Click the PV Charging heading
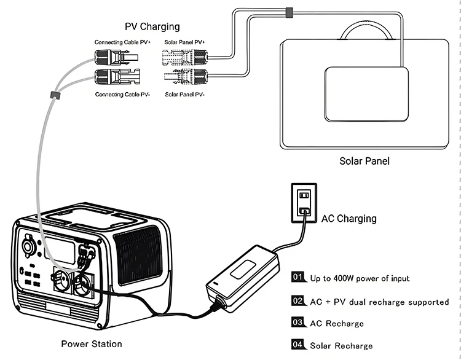pyautogui.click(x=152, y=26)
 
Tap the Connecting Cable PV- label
pyautogui.click(x=123, y=95)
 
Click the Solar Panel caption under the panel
pyautogui.click(x=364, y=162)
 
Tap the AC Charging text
pyautogui.click(x=349, y=218)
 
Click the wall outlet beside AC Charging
pyautogui.click(x=304, y=202)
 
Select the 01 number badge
pyautogui.click(x=299, y=278)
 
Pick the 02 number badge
pyautogui.click(x=299, y=301)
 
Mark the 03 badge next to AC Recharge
pyautogui.click(x=299, y=323)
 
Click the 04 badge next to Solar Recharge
pyautogui.click(x=299, y=345)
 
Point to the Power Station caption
pyautogui.click(x=92, y=344)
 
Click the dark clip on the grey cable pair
pyautogui.click(x=53, y=95)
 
